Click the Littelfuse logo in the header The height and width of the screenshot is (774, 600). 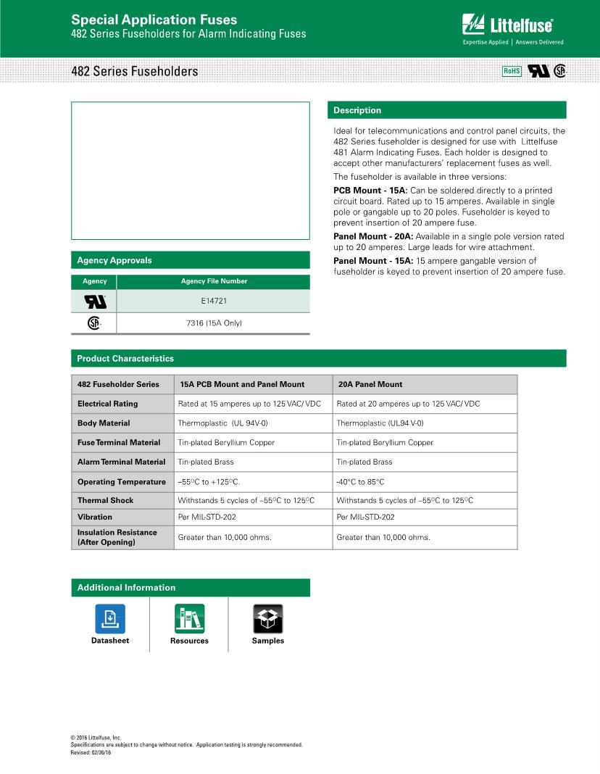[x=508, y=25]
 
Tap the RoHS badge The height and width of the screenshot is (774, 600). [x=512, y=71]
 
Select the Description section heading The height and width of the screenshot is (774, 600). [x=357, y=110]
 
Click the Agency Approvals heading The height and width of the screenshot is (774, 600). [x=114, y=260]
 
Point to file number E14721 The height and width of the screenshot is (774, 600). [x=213, y=300]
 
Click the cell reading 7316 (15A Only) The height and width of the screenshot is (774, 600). [x=213, y=322]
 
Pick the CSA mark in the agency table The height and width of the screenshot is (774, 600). [x=94, y=323]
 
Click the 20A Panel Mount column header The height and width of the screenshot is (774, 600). [x=370, y=384]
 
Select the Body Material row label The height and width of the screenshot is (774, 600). [x=104, y=423]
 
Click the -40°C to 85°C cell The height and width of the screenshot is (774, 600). [x=360, y=482]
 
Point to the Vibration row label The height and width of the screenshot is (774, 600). [x=95, y=517]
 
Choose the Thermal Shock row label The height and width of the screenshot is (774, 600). [x=106, y=501]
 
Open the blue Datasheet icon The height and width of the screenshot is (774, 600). [x=110, y=618]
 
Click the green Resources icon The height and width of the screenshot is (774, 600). [x=189, y=618]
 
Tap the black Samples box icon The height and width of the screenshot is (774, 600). [x=268, y=618]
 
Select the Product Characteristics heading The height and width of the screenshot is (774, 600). [x=125, y=359]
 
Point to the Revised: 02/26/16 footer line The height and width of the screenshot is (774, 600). [x=91, y=752]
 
